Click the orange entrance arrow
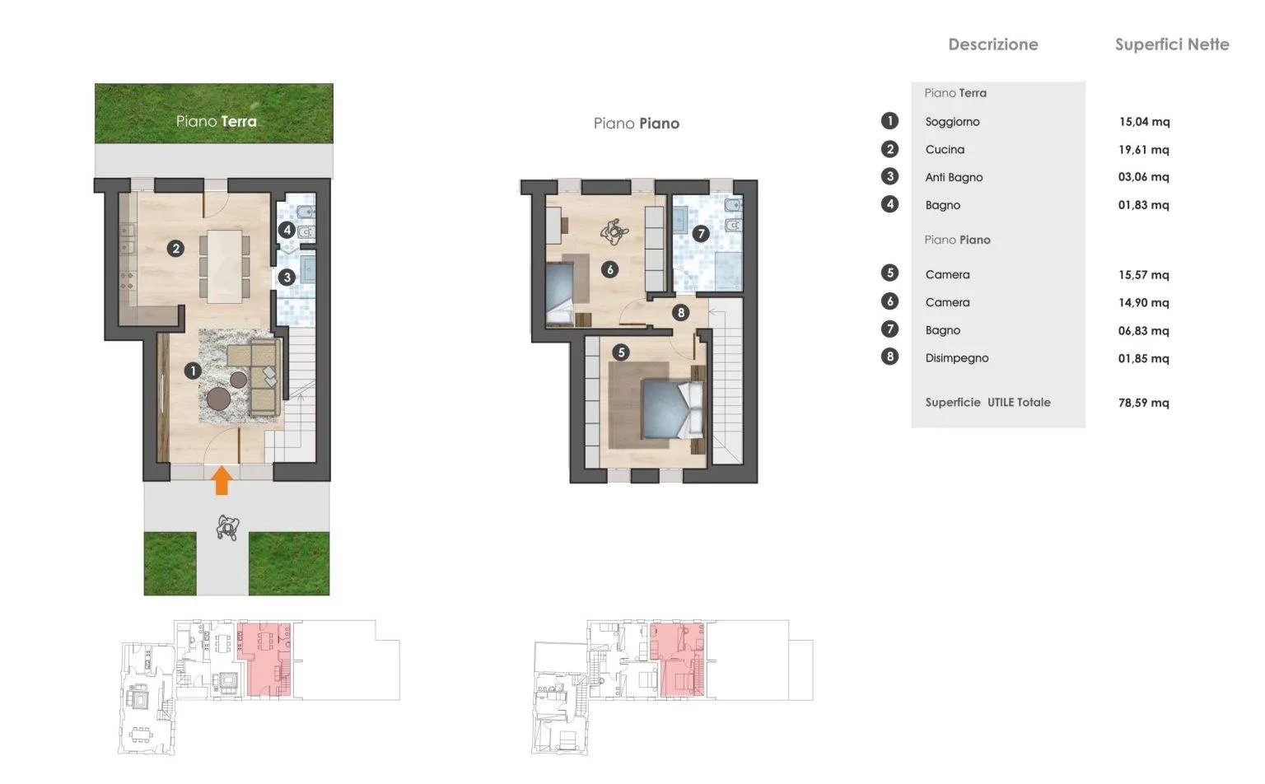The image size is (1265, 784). [x=222, y=480]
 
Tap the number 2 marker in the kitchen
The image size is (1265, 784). [x=175, y=249]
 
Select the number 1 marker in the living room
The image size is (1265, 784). [x=193, y=371]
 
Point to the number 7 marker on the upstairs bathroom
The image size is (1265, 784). [x=701, y=233]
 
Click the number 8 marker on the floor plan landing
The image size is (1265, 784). [x=680, y=312]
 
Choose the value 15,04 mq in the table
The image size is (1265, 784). [x=1144, y=121]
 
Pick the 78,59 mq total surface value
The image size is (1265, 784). [x=1144, y=403]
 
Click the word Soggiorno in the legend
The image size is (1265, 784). [x=952, y=122]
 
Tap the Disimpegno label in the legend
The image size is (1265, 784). [x=957, y=358]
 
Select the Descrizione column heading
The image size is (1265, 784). [x=992, y=44]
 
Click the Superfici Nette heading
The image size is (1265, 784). [x=1172, y=44]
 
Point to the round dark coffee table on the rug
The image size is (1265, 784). [x=218, y=399]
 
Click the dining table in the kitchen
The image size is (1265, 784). [x=224, y=266]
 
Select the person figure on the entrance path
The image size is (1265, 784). [x=227, y=528]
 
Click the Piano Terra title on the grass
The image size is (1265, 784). [x=217, y=121]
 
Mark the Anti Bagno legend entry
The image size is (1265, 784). [x=954, y=177]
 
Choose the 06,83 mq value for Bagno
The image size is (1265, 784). [x=1144, y=330]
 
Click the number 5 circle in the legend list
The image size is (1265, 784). [x=890, y=273]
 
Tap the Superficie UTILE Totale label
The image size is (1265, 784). [x=987, y=403]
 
